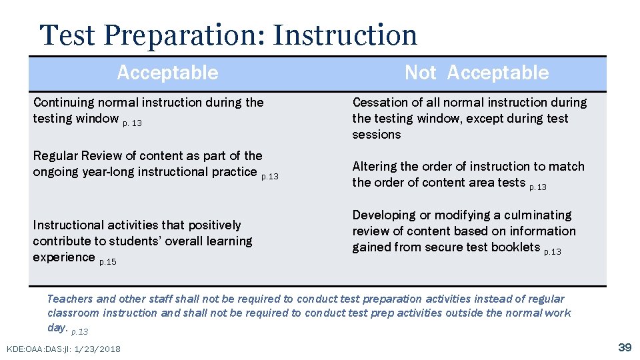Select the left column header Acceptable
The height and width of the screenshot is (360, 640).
tap(167, 73)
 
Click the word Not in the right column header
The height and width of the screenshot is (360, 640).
tap(420, 73)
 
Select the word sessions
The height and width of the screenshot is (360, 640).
tap(377, 135)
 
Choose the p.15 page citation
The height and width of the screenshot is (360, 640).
tap(107, 262)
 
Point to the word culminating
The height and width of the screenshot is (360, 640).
tap(539, 215)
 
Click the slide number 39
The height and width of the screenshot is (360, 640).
tap(625, 347)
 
